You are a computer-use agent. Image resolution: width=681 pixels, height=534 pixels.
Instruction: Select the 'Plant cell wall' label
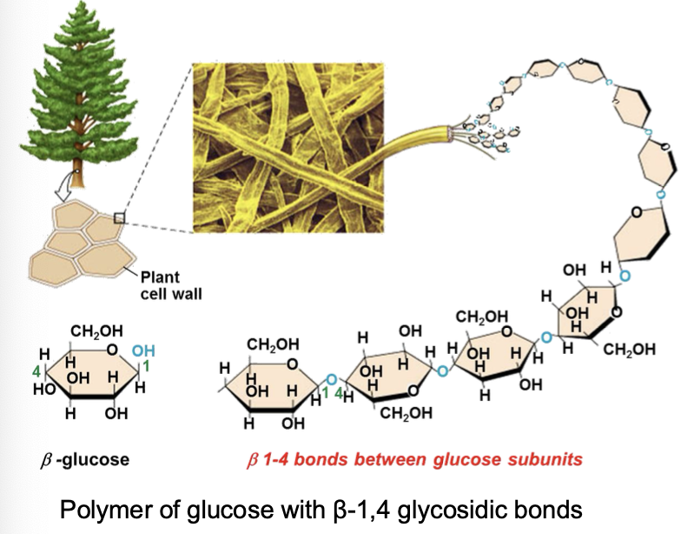[x=170, y=286]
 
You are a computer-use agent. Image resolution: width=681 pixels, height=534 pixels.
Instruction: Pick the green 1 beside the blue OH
[x=147, y=368]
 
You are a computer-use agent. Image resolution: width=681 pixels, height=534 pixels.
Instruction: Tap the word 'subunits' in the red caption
[x=550, y=457]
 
